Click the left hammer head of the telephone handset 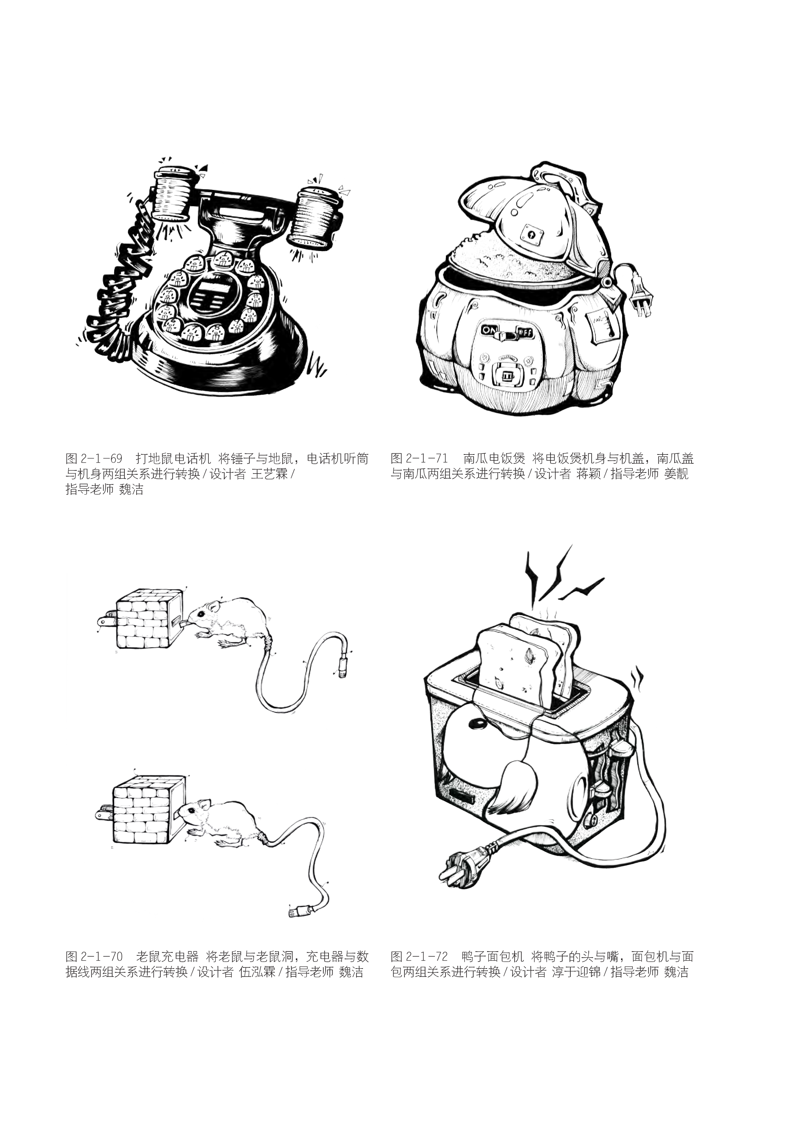point(173,195)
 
